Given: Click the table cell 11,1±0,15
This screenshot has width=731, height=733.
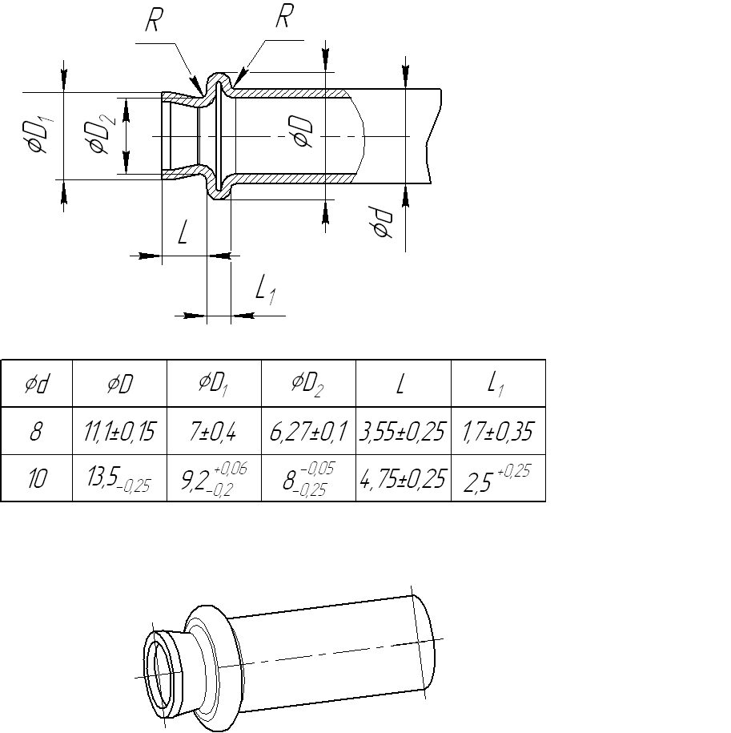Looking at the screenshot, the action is click(x=119, y=431).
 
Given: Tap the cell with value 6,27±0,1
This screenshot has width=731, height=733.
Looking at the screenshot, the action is click(x=308, y=431).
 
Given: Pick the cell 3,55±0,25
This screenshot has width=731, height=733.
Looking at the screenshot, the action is click(x=402, y=431).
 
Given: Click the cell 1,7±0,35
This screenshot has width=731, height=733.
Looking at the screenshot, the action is click(x=497, y=431).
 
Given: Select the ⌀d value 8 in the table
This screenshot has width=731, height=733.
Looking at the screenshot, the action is click(x=36, y=431).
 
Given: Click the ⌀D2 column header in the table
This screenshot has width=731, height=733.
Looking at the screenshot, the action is click(x=307, y=384).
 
